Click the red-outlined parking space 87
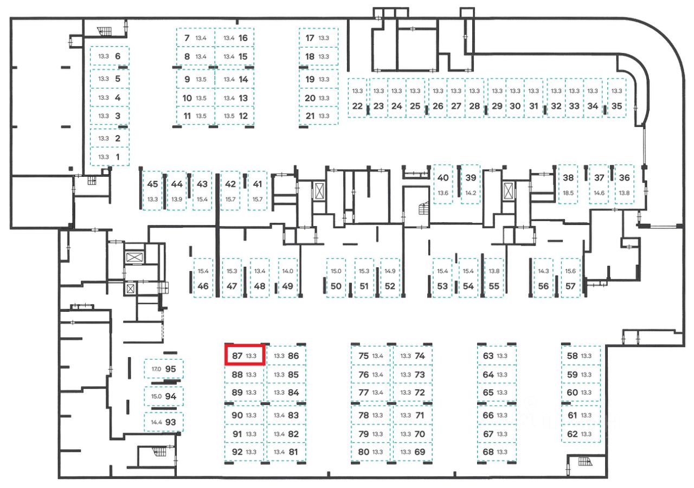pos(245,356)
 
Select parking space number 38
pos(568,184)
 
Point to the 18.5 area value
pos(568,193)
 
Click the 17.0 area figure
pos(156,369)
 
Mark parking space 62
pos(581,434)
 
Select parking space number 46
pos(203,278)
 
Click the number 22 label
pos(357,106)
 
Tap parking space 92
pos(245,452)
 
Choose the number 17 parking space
pos(318,38)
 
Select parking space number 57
pos(570,278)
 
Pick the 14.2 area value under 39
pos(470,193)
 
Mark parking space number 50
pos(336,278)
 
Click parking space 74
pos(413,356)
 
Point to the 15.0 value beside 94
pos(156,396)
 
